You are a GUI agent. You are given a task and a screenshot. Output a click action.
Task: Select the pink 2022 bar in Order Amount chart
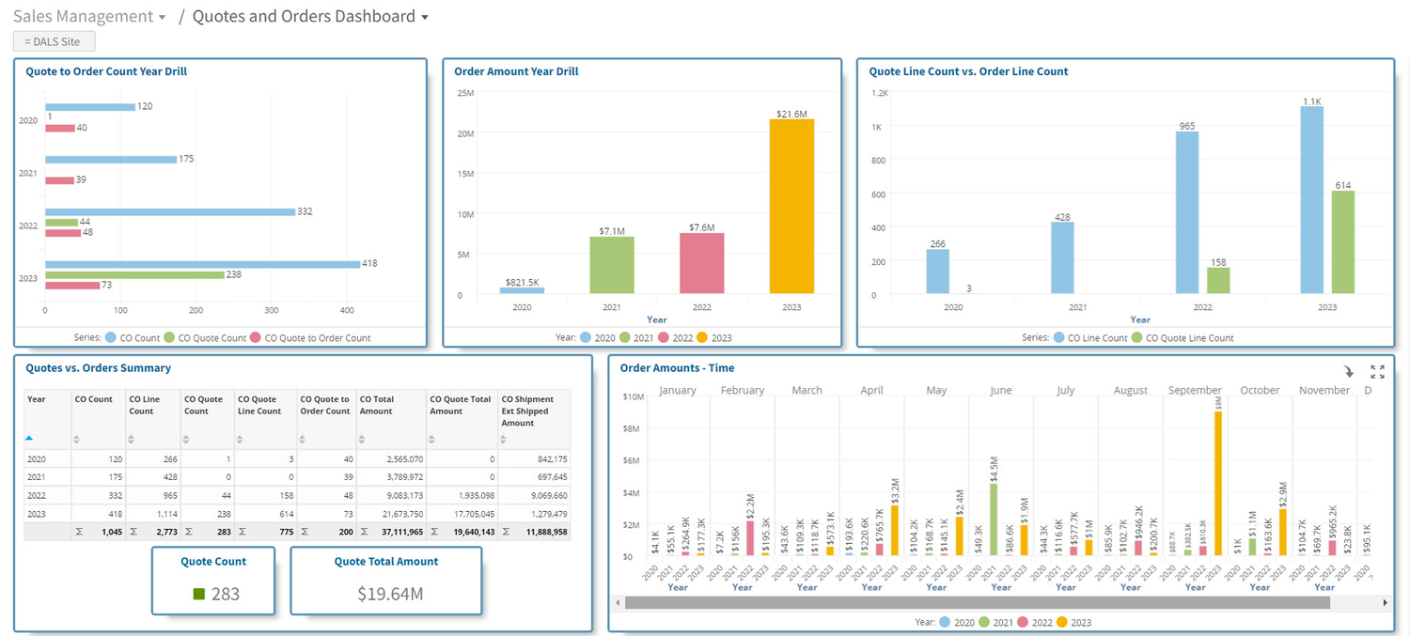[702, 263]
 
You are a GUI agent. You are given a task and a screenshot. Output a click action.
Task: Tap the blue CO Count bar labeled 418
[202, 264]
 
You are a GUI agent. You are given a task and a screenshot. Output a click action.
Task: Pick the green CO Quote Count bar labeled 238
[134, 275]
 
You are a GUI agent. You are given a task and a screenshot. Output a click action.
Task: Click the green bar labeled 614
[1342, 242]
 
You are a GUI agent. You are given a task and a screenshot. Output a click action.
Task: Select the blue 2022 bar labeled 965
[1187, 212]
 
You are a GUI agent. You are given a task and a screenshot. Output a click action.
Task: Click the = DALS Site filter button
[54, 41]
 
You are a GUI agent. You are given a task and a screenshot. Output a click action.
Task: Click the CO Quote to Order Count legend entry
[317, 338]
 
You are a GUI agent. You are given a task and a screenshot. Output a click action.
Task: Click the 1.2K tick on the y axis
[879, 93]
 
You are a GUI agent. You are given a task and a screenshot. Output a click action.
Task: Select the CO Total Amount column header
[390, 405]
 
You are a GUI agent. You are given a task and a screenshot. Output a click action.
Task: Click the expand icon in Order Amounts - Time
[1377, 372]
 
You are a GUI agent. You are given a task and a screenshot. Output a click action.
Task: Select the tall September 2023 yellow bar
[1217, 484]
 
